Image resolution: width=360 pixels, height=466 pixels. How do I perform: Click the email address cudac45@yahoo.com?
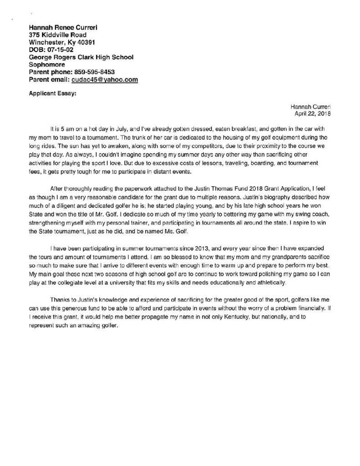point(105,79)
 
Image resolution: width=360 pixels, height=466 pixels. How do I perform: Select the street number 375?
point(35,35)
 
